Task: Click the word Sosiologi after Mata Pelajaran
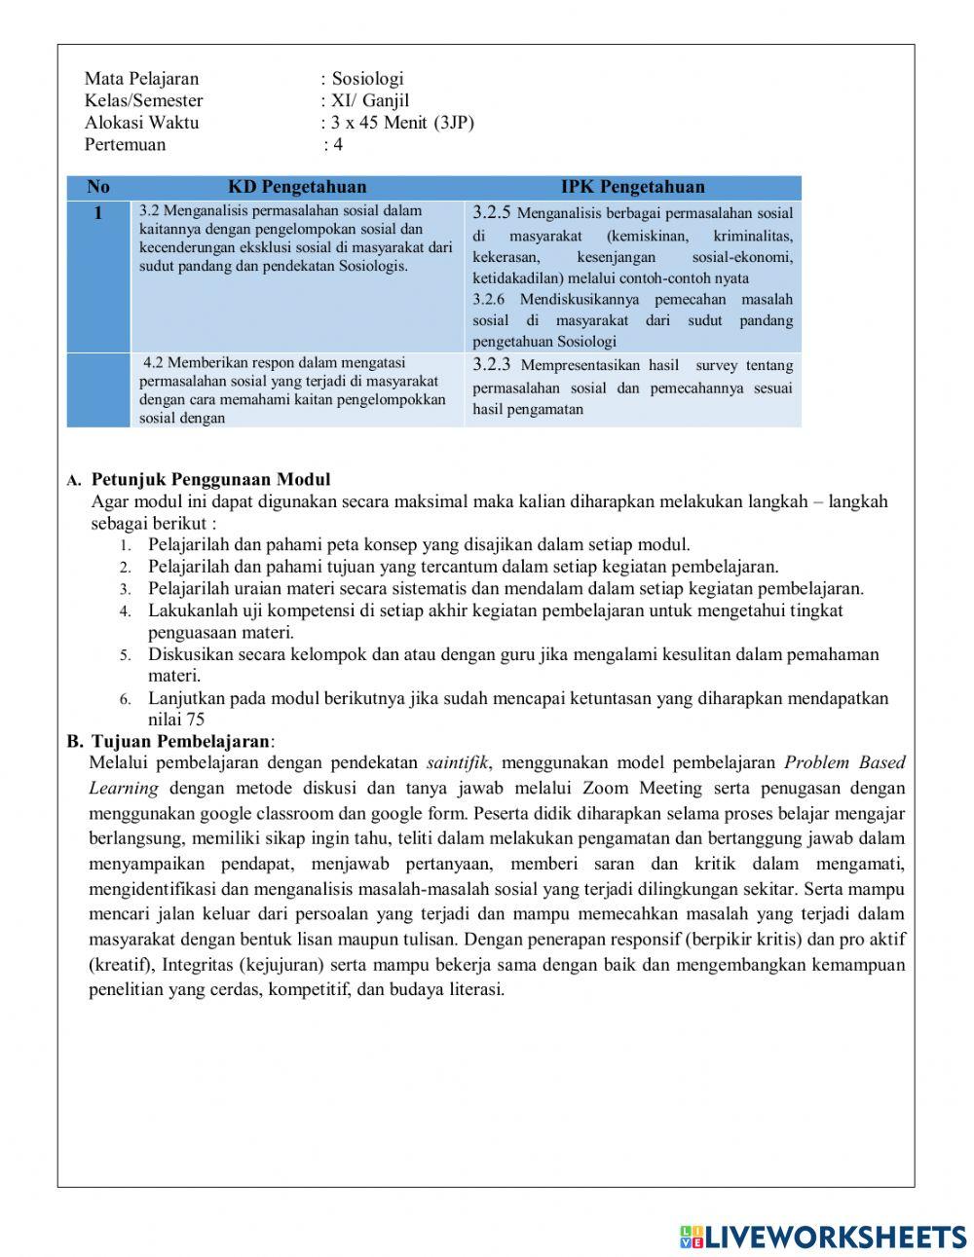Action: coord(367,79)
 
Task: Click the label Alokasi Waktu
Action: coord(141,123)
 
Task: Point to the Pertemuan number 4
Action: coord(338,145)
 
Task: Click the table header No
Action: coord(98,187)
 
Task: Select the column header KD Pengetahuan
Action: coord(297,187)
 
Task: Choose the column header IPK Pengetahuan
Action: coord(632,187)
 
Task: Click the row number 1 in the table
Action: coord(97,213)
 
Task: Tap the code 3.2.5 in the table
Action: coord(492,212)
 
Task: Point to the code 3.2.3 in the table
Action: coord(492,365)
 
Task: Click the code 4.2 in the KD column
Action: coord(153,363)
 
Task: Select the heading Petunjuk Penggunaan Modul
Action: coord(210,479)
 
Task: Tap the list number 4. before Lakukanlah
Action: coord(126,611)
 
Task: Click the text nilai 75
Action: coord(176,720)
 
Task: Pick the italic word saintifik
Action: coord(457,762)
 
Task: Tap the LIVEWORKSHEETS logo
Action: coord(823,1237)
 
